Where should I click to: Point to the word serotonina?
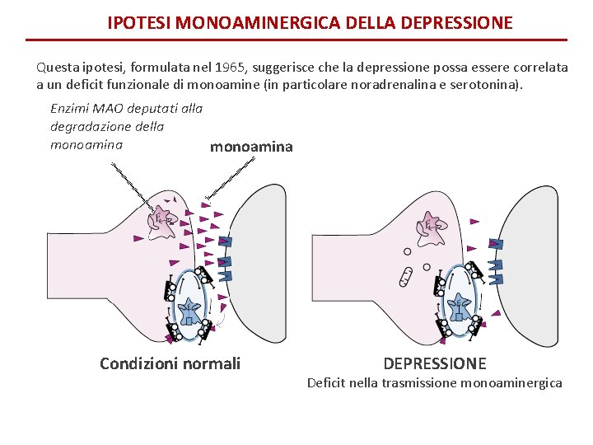[485, 84]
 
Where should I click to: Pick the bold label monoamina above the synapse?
[251, 147]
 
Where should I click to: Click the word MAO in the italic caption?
[112, 108]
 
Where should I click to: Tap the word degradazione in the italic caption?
[87, 126]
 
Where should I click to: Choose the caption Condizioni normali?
[170, 363]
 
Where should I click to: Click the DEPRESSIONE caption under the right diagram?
[435, 363]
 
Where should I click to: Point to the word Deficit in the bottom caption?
[328, 382]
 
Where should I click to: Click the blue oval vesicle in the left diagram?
[191, 305]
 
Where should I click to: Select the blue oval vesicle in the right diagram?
[458, 307]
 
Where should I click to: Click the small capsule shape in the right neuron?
[405, 277]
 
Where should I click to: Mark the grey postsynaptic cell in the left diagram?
[264, 247]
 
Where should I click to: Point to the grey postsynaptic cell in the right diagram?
[535, 247]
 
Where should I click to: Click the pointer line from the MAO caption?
[132, 183]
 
